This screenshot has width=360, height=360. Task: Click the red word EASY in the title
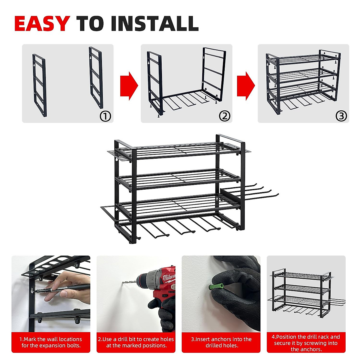pyautogui.click(x=42, y=24)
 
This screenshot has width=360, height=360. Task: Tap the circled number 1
pyautogui.click(x=105, y=116)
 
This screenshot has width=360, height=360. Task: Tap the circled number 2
pyautogui.click(x=224, y=116)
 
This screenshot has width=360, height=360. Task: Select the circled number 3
pyautogui.click(x=341, y=116)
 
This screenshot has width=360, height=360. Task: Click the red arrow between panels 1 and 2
pyautogui.click(x=129, y=86)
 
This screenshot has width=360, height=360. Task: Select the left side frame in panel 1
pyautogui.click(x=40, y=85)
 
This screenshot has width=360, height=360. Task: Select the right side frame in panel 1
pyautogui.click(x=96, y=77)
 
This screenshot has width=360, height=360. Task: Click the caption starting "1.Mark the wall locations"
pyautogui.click(x=51, y=342)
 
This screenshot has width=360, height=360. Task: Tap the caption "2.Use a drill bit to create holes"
pyautogui.click(x=136, y=342)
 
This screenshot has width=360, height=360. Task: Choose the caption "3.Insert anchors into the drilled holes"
pyautogui.click(x=221, y=342)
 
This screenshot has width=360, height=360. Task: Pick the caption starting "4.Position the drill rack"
pyautogui.click(x=306, y=343)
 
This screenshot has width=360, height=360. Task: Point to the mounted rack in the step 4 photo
pyautogui.click(x=303, y=294)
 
